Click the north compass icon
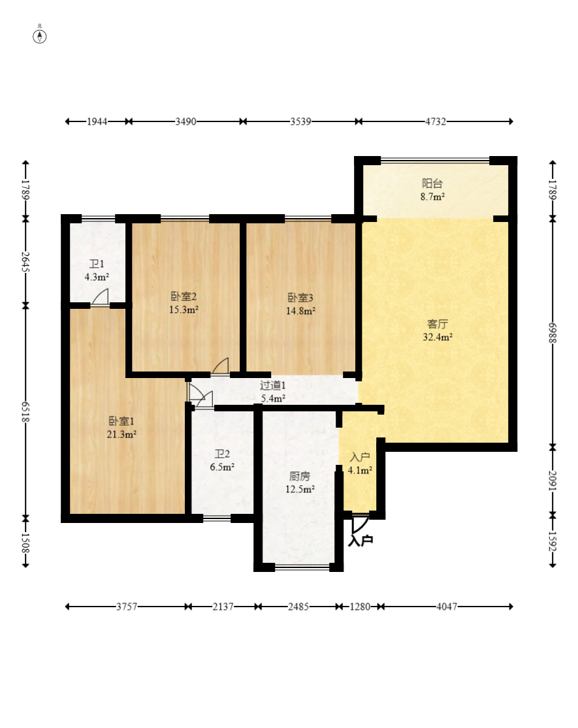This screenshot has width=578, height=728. coord(39,36)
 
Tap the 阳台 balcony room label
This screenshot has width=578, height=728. coord(432,183)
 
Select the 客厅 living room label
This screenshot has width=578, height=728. coord(438,324)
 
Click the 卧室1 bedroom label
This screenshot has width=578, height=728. coord(121,421)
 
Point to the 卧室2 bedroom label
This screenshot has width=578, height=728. coord(184,296)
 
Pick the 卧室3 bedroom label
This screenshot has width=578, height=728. coord(300,298)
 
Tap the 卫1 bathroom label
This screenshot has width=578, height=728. coord(97,264)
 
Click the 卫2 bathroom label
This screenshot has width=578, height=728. coord(222,454)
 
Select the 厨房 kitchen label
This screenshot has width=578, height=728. coord(299,476)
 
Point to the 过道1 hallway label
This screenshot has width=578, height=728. coord(273,385)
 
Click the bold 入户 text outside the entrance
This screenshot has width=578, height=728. coord(361,541)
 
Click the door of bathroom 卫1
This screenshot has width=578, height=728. coord(99,297)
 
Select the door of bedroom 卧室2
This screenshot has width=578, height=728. coord(220,366)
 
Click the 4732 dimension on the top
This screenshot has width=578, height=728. coord(436,121)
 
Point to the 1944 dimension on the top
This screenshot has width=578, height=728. coord(97,121)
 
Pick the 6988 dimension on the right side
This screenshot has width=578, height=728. coord(553,333)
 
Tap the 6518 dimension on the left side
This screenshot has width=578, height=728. coord(25,412)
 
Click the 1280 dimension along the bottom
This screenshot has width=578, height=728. coord(361,607)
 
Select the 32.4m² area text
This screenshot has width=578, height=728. coord(438,337)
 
